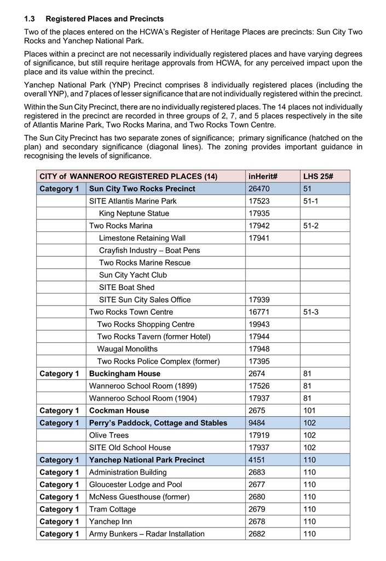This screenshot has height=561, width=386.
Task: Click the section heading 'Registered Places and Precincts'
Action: (x=105, y=19)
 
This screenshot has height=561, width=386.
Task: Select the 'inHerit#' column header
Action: (x=263, y=177)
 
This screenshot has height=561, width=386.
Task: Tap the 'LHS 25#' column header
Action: (x=315, y=177)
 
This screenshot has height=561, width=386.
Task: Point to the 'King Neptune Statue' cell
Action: (x=134, y=213)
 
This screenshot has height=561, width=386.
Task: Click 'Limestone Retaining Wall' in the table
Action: (x=142, y=238)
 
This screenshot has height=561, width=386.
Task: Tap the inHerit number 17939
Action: (x=259, y=299)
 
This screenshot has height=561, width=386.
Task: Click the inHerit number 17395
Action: (x=259, y=361)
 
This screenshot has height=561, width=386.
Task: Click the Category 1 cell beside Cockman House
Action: (x=59, y=410)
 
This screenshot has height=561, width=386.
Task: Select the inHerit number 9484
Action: (x=257, y=423)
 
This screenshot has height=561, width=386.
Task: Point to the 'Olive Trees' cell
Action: (x=109, y=435)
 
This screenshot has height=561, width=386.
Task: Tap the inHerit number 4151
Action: (x=257, y=460)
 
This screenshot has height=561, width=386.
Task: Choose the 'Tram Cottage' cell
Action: (x=112, y=509)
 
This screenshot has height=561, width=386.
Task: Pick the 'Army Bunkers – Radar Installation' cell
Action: (x=147, y=534)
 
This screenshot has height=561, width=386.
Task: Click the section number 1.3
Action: (x=30, y=19)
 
